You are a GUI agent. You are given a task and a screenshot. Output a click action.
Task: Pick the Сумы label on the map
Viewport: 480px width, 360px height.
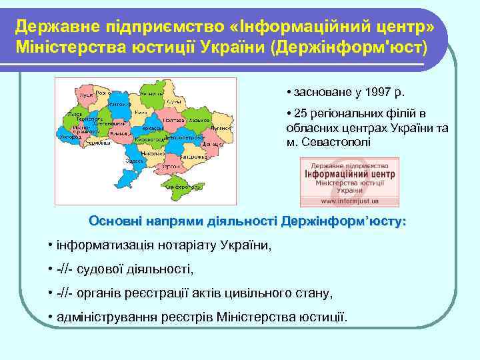coord(175,101)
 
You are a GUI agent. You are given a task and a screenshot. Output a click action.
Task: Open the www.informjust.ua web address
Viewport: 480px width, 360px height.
coord(349,199)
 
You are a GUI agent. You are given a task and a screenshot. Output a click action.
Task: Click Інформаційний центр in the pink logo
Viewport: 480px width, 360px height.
coord(349,174)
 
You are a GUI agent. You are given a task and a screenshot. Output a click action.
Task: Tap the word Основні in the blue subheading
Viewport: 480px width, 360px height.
coord(114,221)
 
